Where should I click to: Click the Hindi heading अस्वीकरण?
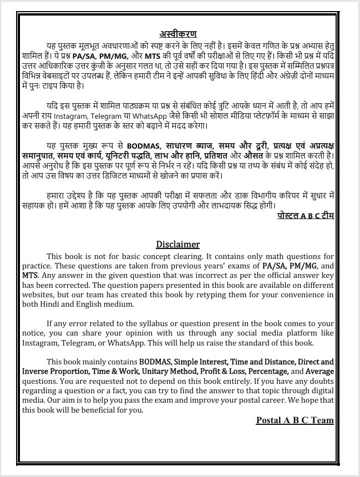[178, 33]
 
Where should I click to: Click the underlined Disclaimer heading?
[178, 244]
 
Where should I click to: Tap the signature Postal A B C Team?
[295, 420]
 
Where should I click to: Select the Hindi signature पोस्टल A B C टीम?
[306, 214]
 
